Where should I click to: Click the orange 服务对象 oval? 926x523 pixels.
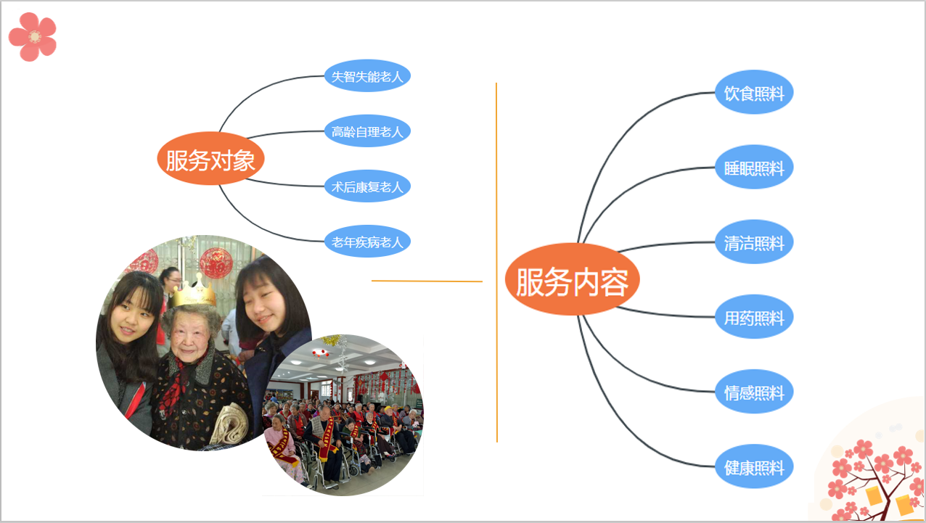(x=210, y=158)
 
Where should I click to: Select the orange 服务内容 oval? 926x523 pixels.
(x=572, y=279)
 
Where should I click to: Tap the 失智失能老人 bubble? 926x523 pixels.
(x=367, y=76)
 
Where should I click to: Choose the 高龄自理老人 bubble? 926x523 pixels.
(x=367, y=131)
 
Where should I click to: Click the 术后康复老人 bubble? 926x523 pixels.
(x=367, y=186)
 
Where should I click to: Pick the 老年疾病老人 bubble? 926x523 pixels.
(x=367, y=242)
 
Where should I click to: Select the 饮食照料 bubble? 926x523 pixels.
(x=754, y=92)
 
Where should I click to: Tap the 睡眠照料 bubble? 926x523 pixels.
(x=754, y=167)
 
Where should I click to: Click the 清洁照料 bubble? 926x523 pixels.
(x=754, y=242)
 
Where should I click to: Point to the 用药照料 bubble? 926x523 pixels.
(x=754, y=316)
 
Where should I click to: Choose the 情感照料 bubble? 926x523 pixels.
(x=754, y=392)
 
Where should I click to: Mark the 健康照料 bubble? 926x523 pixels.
(x=754, y=466)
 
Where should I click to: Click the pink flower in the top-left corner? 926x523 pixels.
(x=33, y=37)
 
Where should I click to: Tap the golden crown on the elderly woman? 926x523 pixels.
(x=194, y=292)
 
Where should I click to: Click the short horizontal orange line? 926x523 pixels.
(x=427, y=281)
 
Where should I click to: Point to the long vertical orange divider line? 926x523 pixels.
(x=496, y=263)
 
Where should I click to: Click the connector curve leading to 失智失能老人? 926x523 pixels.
(x=256, y=88)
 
